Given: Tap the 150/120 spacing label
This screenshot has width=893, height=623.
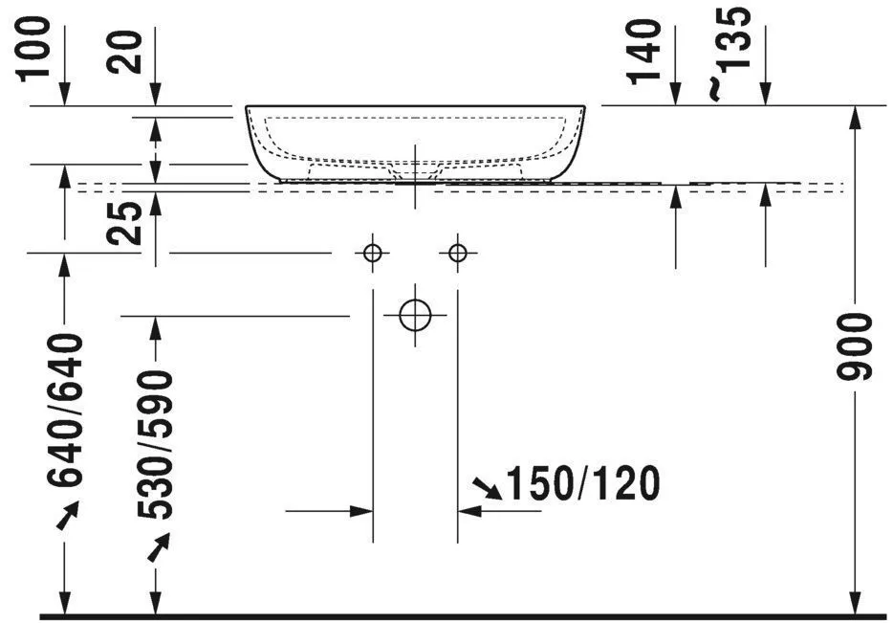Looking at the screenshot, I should click(582, 485).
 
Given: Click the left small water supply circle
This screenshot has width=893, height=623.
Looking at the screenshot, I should click(372, 253).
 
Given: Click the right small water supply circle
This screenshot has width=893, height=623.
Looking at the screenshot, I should click(458, 253).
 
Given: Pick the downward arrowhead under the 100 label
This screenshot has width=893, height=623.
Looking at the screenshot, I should click(64, 93).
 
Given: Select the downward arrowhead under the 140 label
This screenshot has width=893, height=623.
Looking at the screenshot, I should click(676, 93).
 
